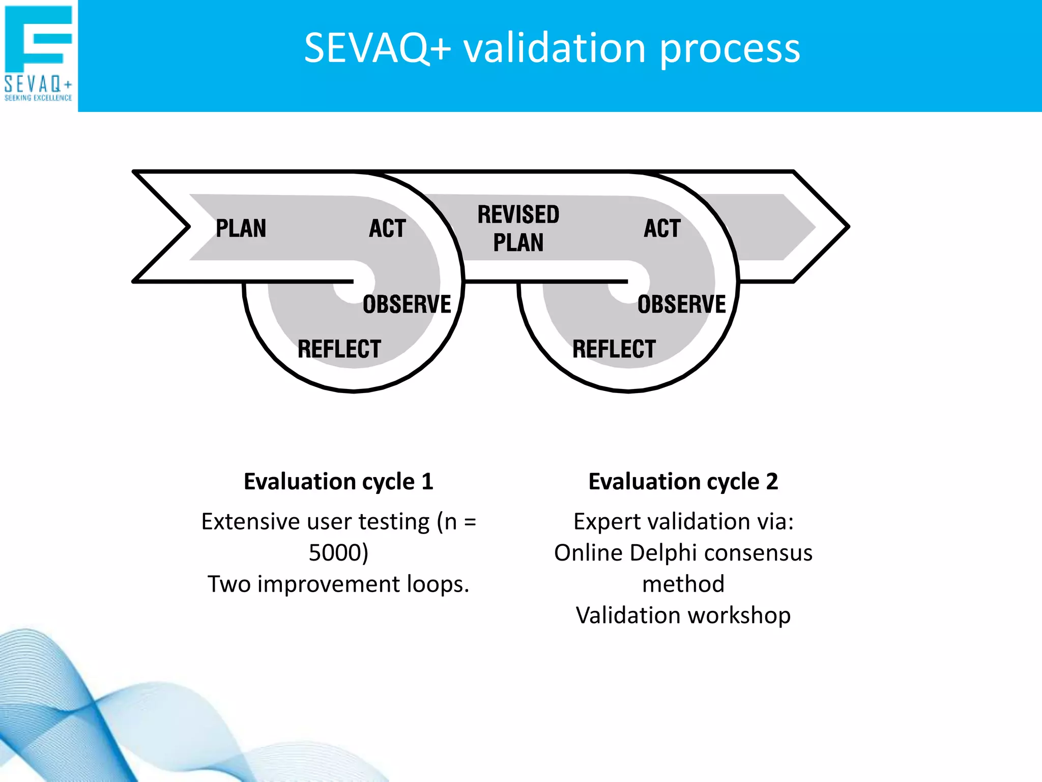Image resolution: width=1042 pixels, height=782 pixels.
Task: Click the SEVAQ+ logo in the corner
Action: [38, 53]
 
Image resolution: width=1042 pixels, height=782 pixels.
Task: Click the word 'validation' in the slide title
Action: [554, 48]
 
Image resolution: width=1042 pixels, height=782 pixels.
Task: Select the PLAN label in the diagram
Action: [241, 228]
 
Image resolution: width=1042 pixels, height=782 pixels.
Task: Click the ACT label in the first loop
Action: [388, 228]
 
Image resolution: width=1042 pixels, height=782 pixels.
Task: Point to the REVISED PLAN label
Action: [518, 228]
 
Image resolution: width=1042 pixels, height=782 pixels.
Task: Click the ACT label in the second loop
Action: [662, 228]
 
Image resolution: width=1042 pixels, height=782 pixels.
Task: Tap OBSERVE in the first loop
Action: [407, 304]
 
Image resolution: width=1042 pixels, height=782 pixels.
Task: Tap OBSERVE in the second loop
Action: [681, 304]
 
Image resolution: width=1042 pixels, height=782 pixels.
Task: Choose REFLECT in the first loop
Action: [339, 349]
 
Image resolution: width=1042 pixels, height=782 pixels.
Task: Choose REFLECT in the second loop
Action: [614, 349]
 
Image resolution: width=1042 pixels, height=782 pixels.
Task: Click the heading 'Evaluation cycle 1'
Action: [338, 482]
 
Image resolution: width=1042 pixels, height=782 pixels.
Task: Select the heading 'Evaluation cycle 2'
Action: [683, 482]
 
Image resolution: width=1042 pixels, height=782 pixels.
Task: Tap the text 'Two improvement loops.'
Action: [338, 584]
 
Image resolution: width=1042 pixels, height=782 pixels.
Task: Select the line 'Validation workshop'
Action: [683, 616]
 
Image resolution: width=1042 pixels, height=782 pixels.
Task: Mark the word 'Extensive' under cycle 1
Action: [250, 522]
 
